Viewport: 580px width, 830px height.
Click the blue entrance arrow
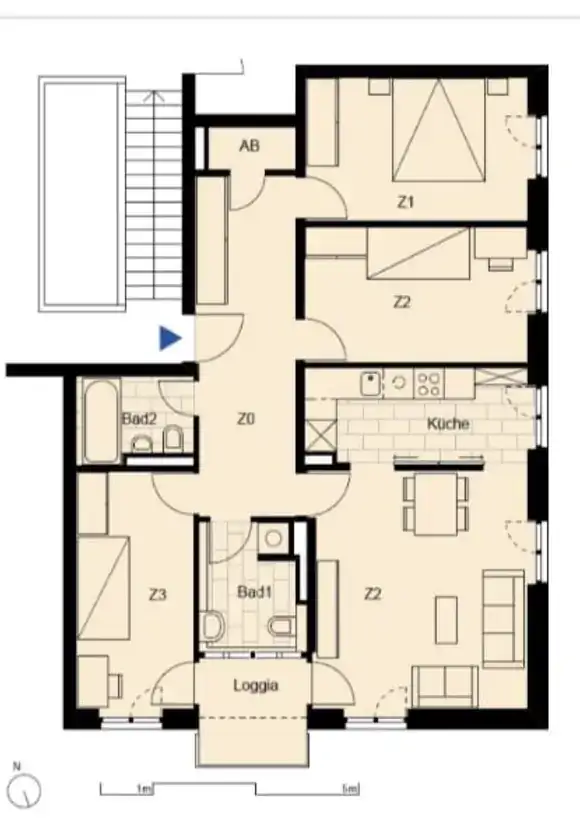click(170, 338)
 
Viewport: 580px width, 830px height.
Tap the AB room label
click(250, 146)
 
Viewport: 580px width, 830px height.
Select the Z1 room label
click(405, 202)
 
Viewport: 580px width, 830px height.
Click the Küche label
click(448, 423)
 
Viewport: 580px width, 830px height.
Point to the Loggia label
click(256, 685)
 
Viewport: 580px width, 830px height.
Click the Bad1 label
click(255, 592)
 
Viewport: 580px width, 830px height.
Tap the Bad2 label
click(140, 419)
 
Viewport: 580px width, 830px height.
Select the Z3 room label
click(158, 595)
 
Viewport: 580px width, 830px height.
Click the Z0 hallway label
click(247, 419)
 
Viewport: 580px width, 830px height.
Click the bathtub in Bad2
click(101, 421)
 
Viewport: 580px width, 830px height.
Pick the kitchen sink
click(371, 383)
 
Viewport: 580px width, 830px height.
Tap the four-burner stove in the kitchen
click(428, 384)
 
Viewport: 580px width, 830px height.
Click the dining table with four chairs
click(436, 503)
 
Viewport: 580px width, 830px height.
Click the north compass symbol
click(26, 787)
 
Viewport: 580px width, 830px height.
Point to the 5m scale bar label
click(350, 789)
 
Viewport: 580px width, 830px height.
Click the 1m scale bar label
click(143, 789)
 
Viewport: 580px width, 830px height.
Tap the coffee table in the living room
click(447, 620)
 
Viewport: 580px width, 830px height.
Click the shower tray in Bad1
click(274, 539)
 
